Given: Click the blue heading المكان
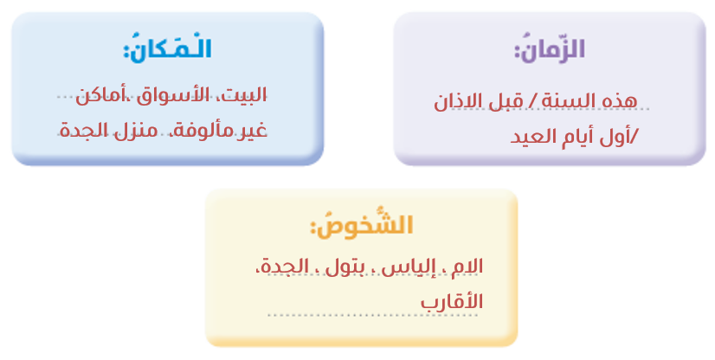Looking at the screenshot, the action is [167, 48].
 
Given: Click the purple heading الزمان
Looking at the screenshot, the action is [550, 48].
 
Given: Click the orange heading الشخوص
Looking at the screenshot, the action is [362, 224].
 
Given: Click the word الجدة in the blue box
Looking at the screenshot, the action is [83, 131].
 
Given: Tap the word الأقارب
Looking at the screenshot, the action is [452, 302].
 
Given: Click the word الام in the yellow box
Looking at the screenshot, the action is [467, 267].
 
